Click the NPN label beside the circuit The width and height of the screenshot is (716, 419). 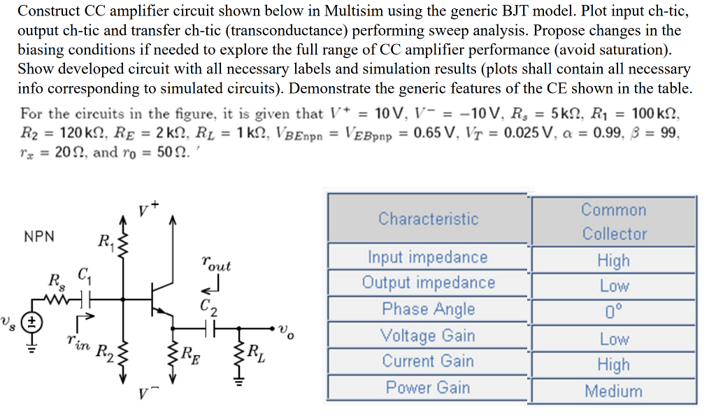(x=39, y=236)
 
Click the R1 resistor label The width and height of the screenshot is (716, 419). (x=106, y=243)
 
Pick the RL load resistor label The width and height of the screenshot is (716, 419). (x=255, y=351)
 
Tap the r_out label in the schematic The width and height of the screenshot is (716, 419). (x=215, y=265)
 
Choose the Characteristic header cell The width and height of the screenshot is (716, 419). (x=428, y=219)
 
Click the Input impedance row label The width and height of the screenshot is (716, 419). (x=428, y=257)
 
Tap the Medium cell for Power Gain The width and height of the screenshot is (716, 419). (x=613, y=391)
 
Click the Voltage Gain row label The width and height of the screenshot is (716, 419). (x=428, y=336)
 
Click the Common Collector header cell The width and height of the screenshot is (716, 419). (x=613, y=222)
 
